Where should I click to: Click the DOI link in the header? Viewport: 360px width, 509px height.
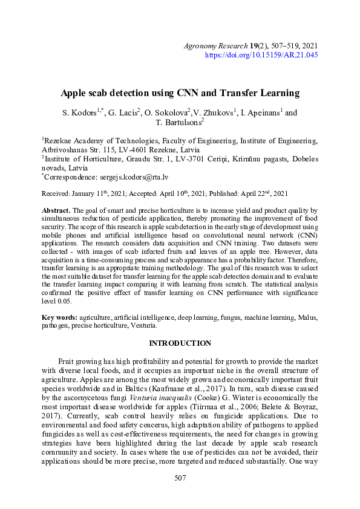click(261, 55)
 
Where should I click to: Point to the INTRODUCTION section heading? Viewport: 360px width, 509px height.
click(180, 343)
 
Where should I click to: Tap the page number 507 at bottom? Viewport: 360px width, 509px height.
click(180, 495)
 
